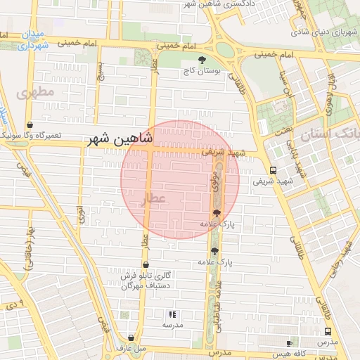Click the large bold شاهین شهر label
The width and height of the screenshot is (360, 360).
[x=120, y=139]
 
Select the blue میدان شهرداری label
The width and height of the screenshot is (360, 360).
[x=32, y=39]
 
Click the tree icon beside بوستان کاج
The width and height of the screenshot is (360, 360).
[x=203, y=60]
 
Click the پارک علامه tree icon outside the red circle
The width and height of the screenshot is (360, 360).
[x=214, y=250]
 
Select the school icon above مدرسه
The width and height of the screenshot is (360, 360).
[x=172, y=314]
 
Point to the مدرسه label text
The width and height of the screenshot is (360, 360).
[x=172, y=325]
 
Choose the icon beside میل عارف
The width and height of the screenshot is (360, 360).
[x=131, y=337]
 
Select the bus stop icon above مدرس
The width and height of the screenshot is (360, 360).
[x=328, y=332]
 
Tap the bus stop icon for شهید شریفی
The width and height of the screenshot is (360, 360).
[x=273, y=170]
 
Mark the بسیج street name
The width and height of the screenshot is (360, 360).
[x=100, y=70]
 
